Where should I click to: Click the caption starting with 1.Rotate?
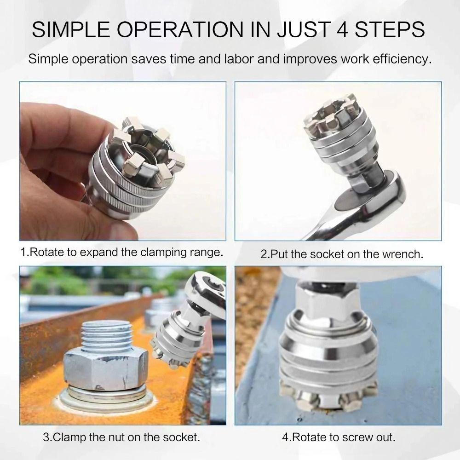[x=122, y=253]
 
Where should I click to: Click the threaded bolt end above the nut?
[x=109, y=338]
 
